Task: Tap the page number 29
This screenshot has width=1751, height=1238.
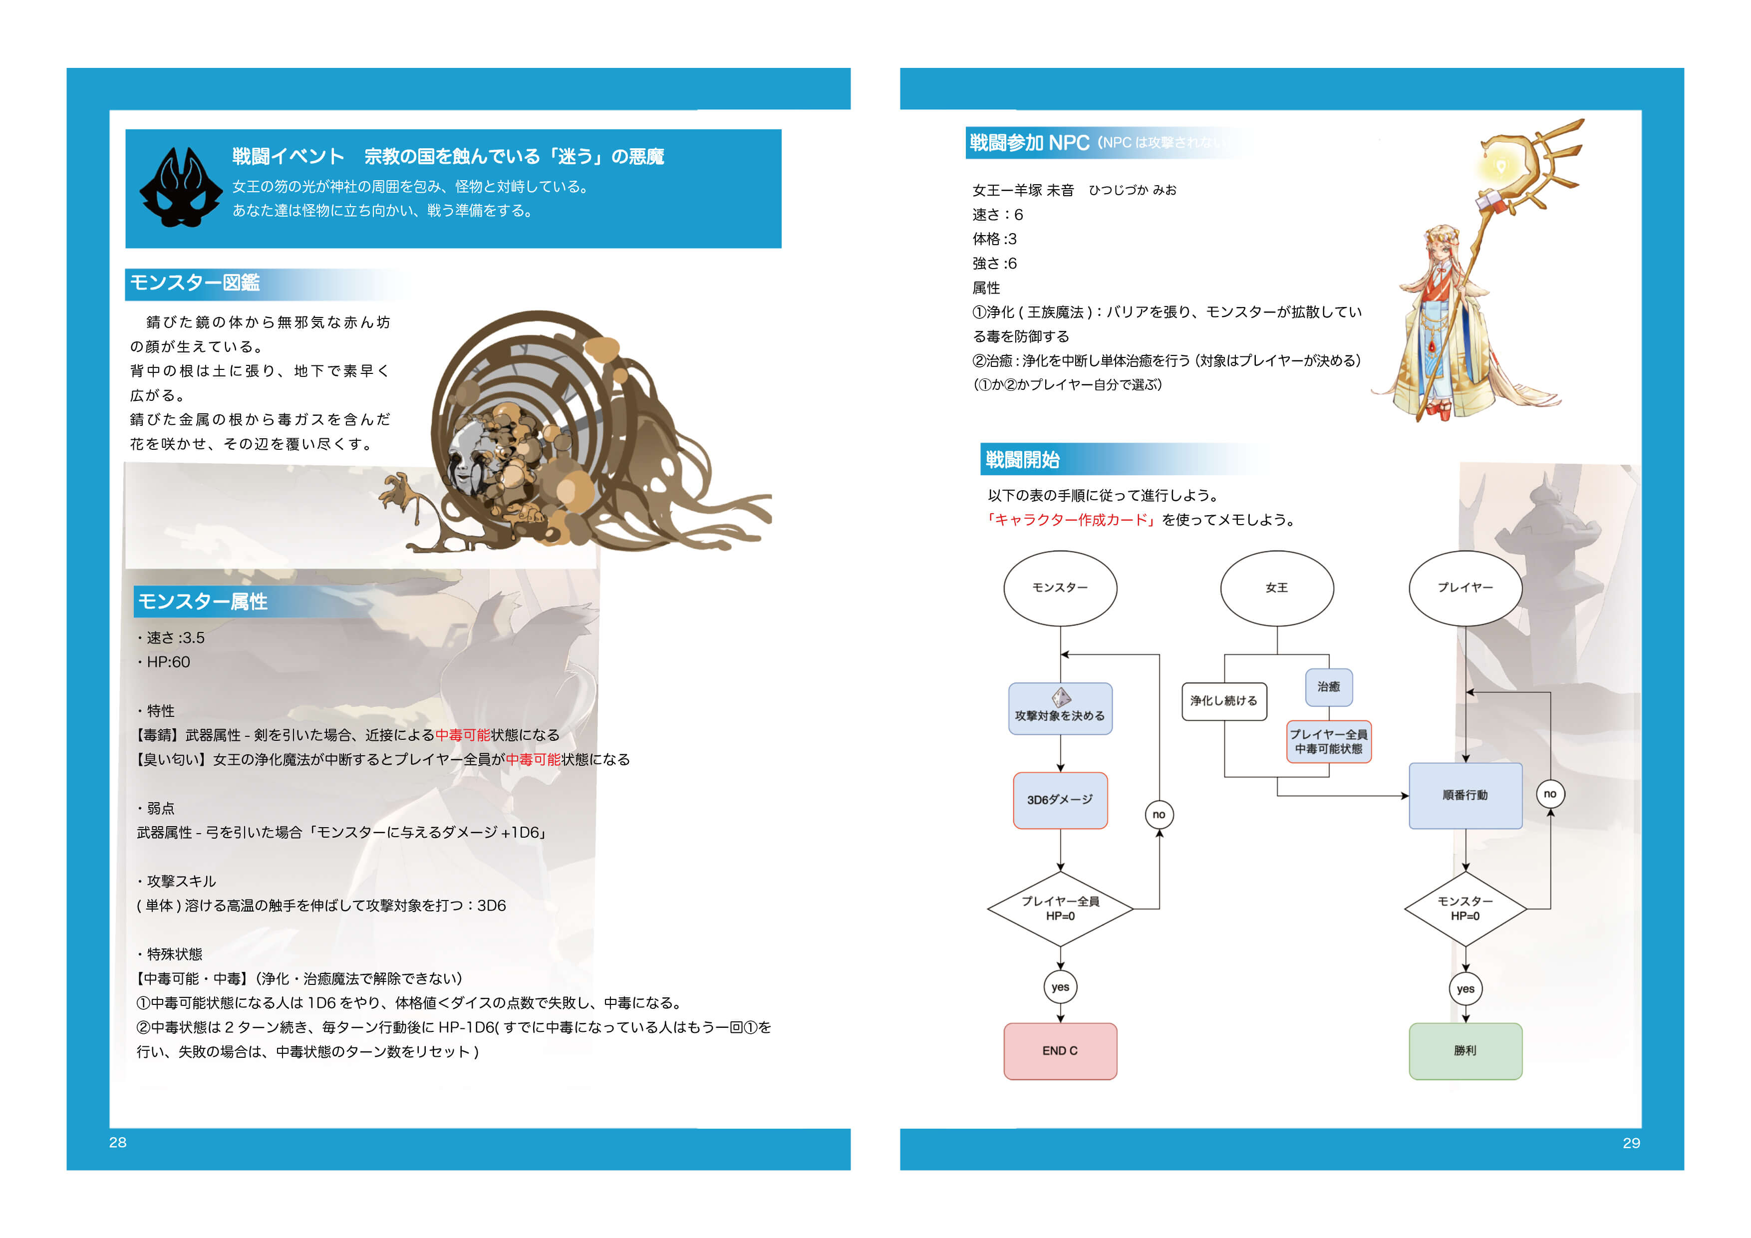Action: (1631, 1143)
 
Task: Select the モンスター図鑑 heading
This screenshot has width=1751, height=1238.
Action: (195, 283)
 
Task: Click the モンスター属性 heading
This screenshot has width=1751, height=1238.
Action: (203, 602)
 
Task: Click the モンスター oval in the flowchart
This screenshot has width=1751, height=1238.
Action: (1060, 588)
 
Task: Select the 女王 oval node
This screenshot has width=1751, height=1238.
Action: (1277, 588)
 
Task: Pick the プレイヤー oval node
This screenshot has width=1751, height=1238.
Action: (1465, 588)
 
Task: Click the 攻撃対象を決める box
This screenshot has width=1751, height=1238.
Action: (1060, 709)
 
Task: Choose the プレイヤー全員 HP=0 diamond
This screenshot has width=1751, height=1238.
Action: (1060, 909)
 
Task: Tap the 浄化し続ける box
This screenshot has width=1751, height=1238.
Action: (1224, 701)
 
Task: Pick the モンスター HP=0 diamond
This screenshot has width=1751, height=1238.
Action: (1465, 909)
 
